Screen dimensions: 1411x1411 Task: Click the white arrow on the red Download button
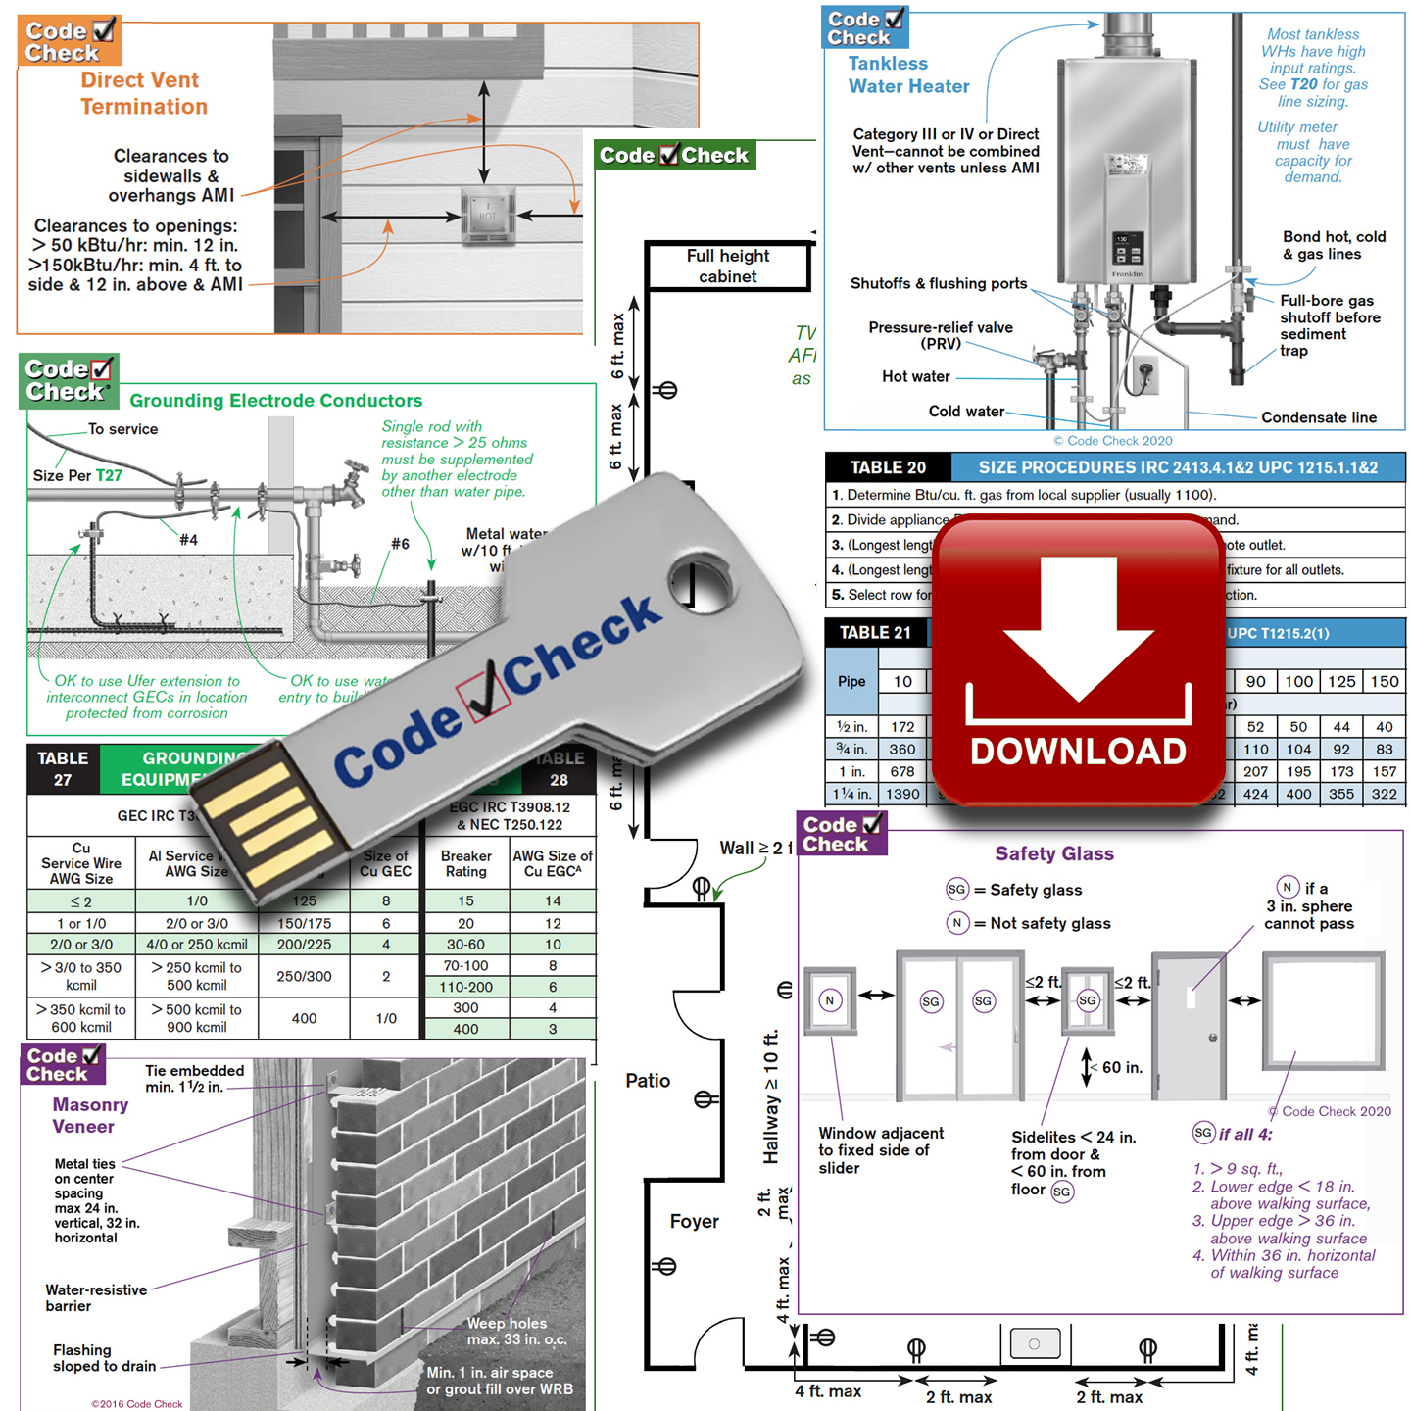[1078, 627]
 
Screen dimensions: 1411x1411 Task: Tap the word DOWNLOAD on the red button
[1078, 752]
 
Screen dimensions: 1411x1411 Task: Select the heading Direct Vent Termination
[143, 93]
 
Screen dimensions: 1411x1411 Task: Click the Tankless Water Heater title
[908, 75]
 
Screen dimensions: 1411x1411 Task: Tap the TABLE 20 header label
[888, 467]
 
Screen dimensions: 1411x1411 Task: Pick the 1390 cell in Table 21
[902, 794]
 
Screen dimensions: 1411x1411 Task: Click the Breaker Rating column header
[466, 863]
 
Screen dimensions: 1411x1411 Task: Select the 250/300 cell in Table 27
[304, 976]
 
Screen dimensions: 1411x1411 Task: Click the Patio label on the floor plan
[648, 1081]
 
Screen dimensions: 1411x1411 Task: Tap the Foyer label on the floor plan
[694, 1222]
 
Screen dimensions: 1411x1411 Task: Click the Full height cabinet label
[728, 267]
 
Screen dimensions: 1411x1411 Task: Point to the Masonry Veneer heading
[90, 1115]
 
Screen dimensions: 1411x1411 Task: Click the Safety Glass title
[1054, 853]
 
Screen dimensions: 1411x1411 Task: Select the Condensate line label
[1319, 417]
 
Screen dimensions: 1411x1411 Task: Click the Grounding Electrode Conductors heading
[276, 401]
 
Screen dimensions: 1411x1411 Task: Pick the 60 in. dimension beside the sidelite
[1122, 1067]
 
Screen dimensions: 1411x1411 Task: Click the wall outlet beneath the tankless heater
[1144, 374]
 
